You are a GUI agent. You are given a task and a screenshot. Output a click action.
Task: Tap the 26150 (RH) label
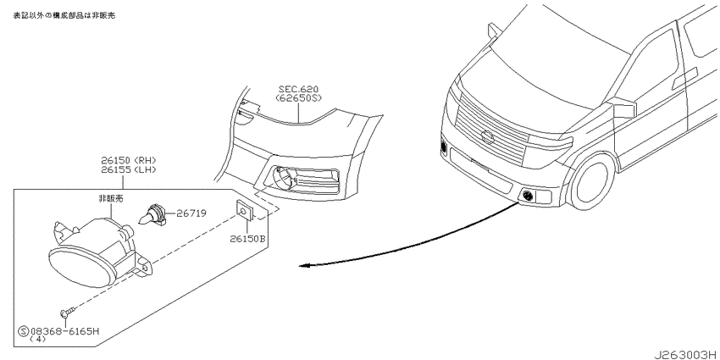coord(129,160)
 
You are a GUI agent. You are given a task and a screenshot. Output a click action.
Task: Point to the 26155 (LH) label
coord(129,169)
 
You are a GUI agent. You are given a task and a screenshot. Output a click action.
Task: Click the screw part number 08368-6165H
coord(64,330)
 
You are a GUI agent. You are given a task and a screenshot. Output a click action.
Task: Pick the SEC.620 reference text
coord(299,89)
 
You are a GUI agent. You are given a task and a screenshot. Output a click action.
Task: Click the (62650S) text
coord(299,97)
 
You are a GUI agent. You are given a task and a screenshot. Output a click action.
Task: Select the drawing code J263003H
coord(686,355)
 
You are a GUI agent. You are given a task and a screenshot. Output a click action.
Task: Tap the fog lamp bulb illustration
coord(152,215)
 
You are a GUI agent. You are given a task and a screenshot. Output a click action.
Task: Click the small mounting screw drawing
coord(65,313)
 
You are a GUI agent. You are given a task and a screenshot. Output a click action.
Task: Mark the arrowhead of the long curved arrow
coord(304,265)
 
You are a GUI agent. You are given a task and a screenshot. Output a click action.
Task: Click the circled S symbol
coord(23,330)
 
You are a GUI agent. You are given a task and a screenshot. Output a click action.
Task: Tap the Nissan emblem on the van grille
coord(487,137)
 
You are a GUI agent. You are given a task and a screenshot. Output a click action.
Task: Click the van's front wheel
coord(592,180)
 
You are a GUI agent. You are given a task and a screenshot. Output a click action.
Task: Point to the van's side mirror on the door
coord(623,108)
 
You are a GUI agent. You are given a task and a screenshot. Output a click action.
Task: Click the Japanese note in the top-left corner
coord(64,15)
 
